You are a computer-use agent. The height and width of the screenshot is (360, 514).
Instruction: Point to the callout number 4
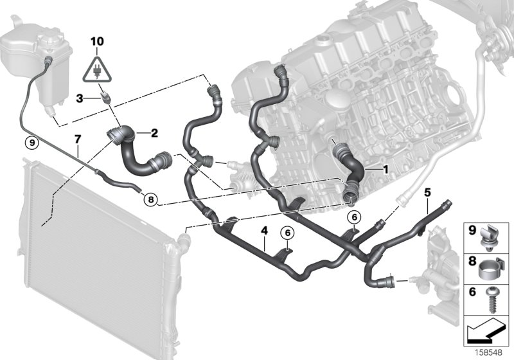click(x=263, y=228)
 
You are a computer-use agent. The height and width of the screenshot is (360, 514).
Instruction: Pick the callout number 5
click(x=427, y=192)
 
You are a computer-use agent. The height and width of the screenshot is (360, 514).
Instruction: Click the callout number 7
click(x=77, y=138)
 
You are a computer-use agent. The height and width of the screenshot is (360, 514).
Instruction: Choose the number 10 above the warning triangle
click(x=96, y=42)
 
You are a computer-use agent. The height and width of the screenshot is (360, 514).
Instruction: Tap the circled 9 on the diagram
click(x=30, y=141)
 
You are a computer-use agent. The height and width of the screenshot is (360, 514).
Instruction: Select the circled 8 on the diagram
click(x=150, y=199)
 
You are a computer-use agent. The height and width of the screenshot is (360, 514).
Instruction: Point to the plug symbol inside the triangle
click(x=96, y=68)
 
